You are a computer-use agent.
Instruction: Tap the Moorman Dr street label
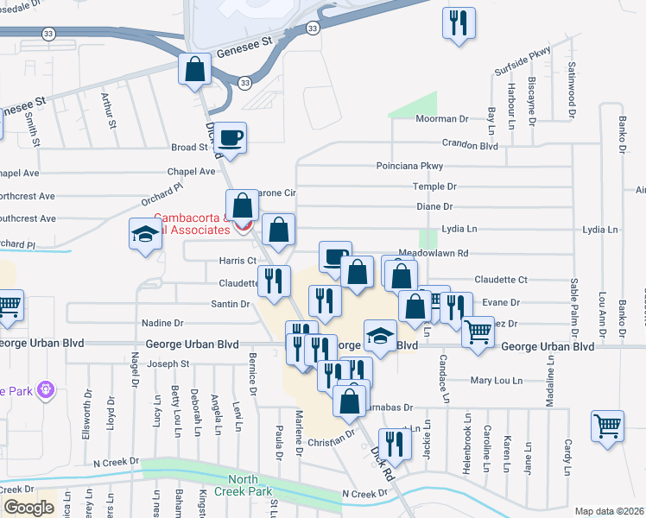coord(440,119)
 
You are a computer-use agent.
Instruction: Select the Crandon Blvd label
coord(470,145)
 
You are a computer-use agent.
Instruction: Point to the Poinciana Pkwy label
coord(408,166)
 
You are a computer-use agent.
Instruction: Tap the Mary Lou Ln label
coord(497,380)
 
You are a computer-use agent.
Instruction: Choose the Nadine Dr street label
coord(162,323)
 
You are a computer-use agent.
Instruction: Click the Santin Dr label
coord(230,304)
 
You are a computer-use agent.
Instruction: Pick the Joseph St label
coord(168,364)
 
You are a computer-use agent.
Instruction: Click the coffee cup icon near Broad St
coord(231,137)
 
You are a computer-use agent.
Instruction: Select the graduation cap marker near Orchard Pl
coord(145,233)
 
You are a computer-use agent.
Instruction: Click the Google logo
coord(28,508)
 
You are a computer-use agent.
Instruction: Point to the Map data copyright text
coord(609,511)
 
